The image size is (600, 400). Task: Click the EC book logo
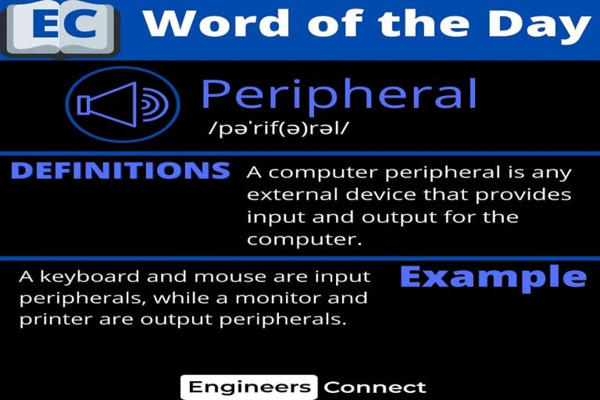click(60, 29)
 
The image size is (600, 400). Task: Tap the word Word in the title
click(216, 23)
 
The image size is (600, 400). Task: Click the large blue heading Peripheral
click(339, 95)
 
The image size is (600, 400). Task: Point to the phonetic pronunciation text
click(279, 128)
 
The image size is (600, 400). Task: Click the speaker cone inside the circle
click(107, 104)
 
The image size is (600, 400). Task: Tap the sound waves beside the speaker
click(155, 104)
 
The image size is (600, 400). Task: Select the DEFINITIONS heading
click(120, 171)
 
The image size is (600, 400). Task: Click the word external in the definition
click(293, 195)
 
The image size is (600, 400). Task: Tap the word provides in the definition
click(523, 196)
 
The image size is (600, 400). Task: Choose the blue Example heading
click(493, 278)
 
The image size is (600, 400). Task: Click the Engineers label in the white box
click(249, 387)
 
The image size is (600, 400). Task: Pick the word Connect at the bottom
click(375, 387)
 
